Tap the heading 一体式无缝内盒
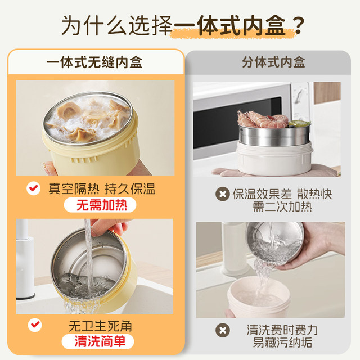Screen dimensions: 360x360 (94, 62)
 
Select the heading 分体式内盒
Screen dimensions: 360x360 (273, 62)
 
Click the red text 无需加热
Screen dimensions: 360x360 (102, 205)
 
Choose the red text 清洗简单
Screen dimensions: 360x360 (100, 341)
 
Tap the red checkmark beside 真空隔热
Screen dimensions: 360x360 (34, 188)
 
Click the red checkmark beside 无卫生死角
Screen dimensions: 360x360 (35, 325)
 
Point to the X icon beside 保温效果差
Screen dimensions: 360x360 (223, 194)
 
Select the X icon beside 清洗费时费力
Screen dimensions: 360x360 (223, 330)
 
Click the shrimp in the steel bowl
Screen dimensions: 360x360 (263, 119)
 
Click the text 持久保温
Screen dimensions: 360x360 (130, 189)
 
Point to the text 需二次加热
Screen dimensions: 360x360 (282, 206)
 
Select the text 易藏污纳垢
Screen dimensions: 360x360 (282, 343)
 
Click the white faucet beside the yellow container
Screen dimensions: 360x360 (25, 259)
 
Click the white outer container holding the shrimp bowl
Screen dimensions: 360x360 (274, 159)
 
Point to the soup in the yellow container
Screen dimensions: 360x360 (88, 119)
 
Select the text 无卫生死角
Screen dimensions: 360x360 (100, 326)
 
